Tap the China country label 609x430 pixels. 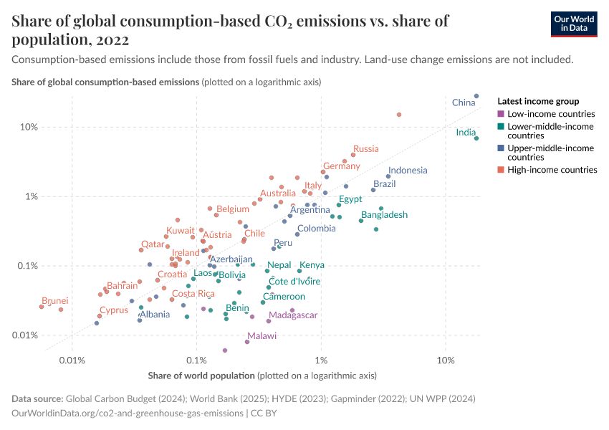(463, 103)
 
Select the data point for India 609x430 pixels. (476, 138)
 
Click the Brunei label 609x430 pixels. (55, 301)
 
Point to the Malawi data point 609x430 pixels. (247, 342)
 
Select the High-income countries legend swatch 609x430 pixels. (500, 170)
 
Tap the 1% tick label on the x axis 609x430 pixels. (321, 359)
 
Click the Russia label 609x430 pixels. (365, 149)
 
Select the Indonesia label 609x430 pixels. (408, 171)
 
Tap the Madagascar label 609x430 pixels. (293, 315)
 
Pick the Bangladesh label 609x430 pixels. (384, 215)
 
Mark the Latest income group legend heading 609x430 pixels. (537, 101)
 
